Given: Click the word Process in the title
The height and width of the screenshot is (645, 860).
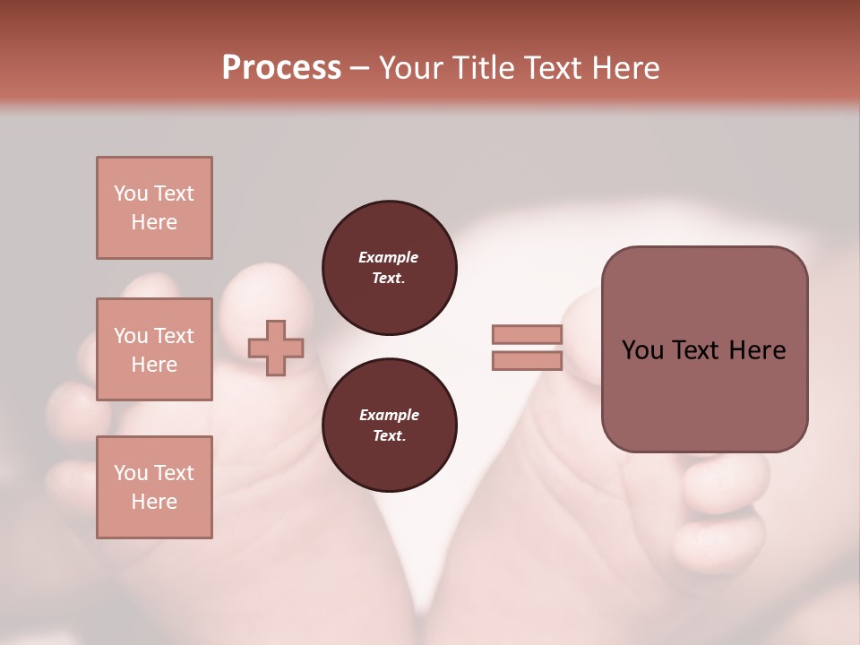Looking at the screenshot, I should click(281, 68).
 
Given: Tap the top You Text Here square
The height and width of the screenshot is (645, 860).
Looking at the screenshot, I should click(154, 208).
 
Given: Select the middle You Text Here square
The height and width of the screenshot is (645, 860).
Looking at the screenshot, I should click(154, 349).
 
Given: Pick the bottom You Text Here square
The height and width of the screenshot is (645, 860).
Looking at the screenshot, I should click(154, 487).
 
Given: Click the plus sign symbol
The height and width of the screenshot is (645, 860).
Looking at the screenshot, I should click(276, 348).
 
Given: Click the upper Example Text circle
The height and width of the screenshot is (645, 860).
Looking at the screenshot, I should click(389, 268).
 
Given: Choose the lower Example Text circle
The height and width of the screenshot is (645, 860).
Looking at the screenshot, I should click(389, 426).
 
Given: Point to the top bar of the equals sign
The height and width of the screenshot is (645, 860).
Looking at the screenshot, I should click(527, 334).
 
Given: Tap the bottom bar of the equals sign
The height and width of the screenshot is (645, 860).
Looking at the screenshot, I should click(527, 360).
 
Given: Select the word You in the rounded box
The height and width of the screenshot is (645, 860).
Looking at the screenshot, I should click(642, 350).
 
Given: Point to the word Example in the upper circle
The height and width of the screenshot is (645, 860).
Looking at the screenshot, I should click(388, 257).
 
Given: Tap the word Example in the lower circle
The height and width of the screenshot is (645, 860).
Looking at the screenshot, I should click(388, 415).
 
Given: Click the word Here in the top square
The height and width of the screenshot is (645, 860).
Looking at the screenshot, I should click(154, 222).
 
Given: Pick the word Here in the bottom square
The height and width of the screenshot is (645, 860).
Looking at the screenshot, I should click(154, 502).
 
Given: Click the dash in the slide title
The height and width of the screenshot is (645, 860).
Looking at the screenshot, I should click(359, 69).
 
